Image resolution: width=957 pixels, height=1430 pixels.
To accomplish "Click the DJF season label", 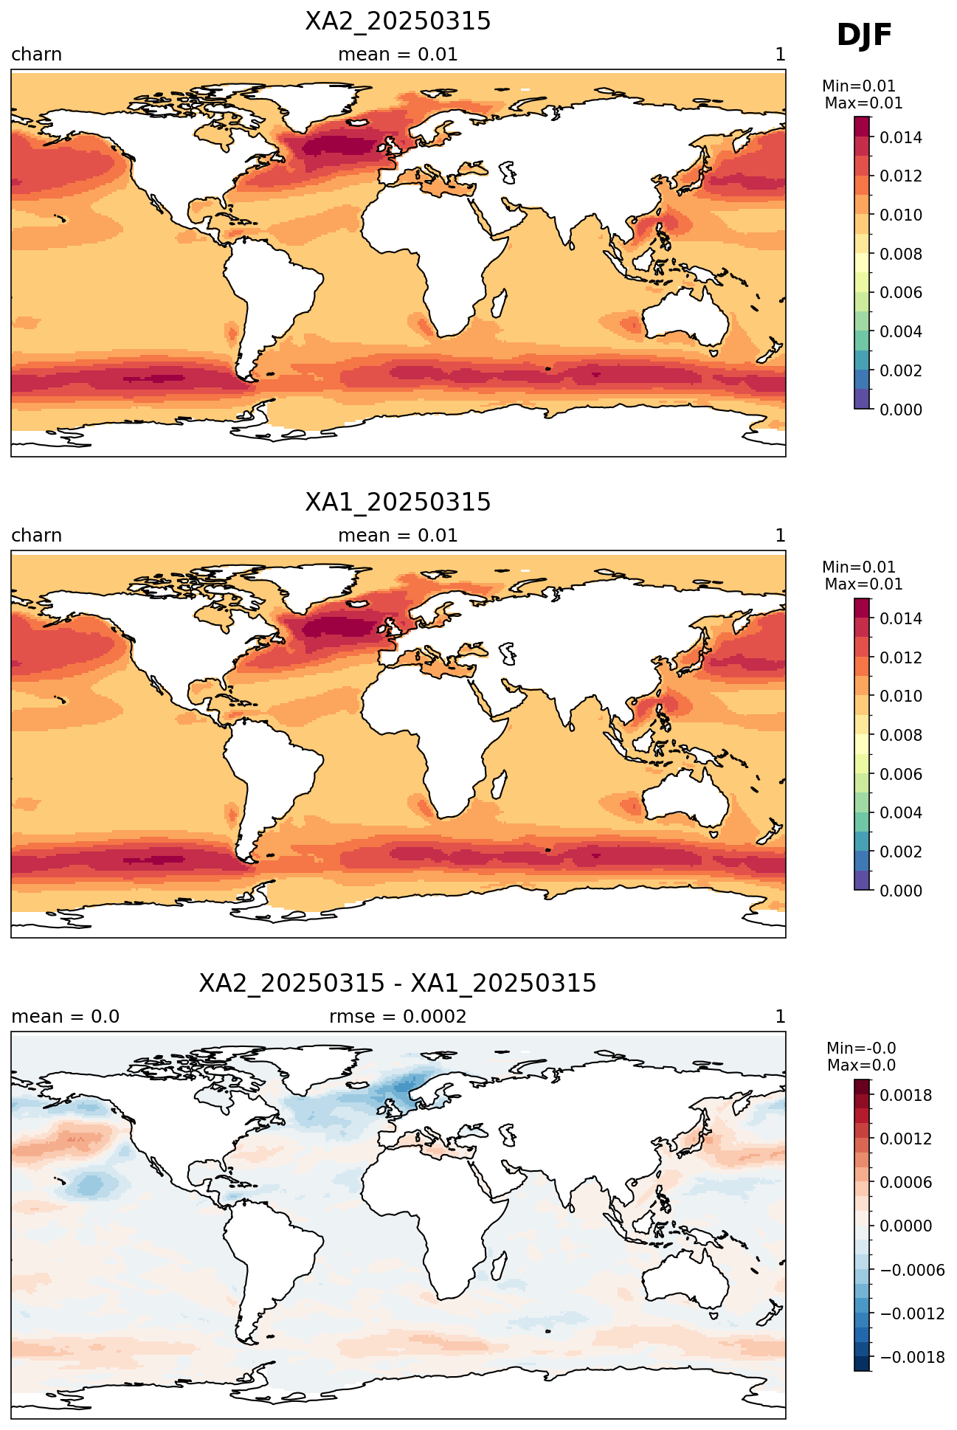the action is (x=864, y=35).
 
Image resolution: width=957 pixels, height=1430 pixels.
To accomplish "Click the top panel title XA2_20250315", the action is (x=398, y=22).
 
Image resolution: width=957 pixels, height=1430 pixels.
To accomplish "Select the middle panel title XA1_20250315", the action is (x=398, y=502).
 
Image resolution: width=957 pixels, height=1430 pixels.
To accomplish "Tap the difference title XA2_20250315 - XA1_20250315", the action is (x=398, y=984).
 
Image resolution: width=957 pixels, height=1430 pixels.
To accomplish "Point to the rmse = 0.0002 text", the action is (x=398, y=1017).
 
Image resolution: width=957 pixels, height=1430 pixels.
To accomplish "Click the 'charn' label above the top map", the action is (x=36, y=55).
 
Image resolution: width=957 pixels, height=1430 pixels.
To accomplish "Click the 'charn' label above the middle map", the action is (x=36, y=536).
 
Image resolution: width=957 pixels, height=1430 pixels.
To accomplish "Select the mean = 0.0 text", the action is (x=66, y=1017).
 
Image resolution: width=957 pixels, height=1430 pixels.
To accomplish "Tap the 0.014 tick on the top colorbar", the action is (x=901, y=137).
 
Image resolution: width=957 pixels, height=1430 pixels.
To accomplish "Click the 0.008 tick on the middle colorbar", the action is (x=901, y=735).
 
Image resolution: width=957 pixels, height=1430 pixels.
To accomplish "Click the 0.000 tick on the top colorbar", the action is (x=901, y=410).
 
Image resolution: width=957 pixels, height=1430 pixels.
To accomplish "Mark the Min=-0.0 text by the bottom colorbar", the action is (x=861, y=1049).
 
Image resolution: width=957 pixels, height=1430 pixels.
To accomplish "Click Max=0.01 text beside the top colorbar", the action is (x=863, y=103).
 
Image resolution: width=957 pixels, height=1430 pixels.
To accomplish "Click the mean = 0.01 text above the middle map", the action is (x=398, y=536).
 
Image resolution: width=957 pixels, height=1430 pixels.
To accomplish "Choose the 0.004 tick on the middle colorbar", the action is (x=901, y=812).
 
